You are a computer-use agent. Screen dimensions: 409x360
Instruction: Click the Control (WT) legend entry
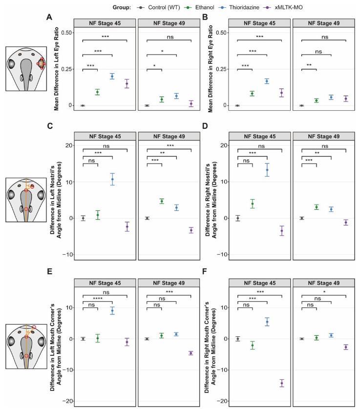click(x=135, y=8)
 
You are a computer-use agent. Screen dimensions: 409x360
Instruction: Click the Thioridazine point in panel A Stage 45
click(x=112, y=76)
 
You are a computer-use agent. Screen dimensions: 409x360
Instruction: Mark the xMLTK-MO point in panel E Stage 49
click(x=191, y=353)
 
